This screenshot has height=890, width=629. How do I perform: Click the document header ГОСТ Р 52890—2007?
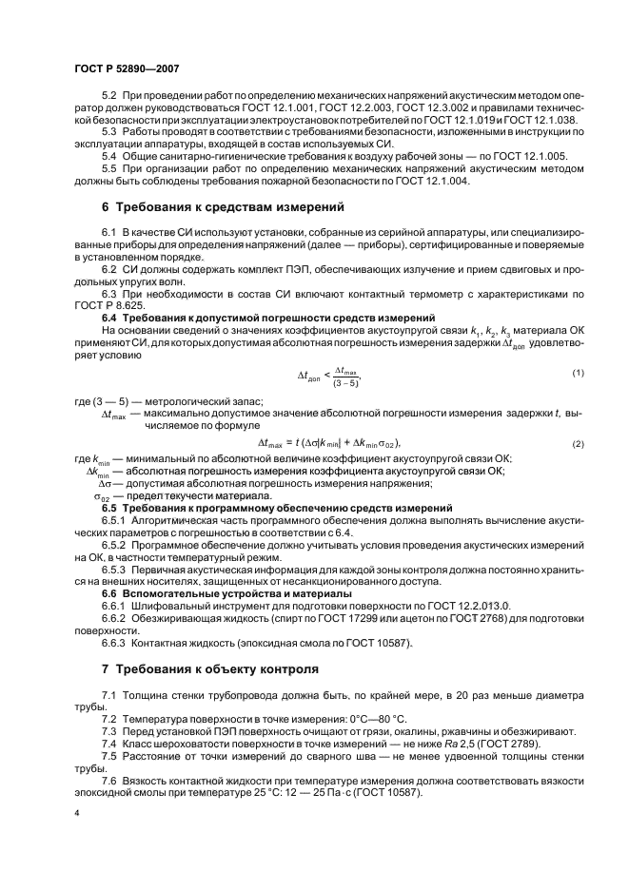point(128,68)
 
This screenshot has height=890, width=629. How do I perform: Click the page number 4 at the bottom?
point(76,815)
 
